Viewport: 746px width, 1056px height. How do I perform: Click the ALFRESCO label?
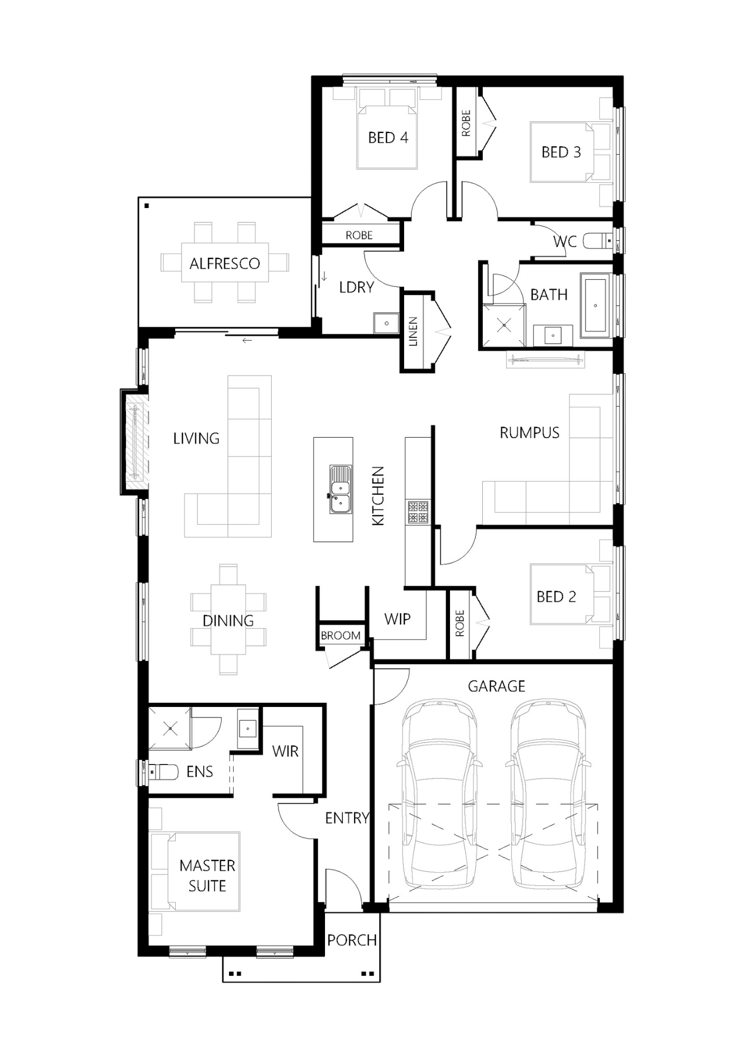(x=225, y=263)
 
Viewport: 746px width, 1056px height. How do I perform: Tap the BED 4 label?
(x=388, y=138)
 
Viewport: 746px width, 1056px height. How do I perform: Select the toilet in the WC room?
(x=597, y=241)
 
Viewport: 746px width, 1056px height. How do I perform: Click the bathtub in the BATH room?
(x=596, y=305)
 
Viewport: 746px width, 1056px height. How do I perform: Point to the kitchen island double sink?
(x=340, y=489)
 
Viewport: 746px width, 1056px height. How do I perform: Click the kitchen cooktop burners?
(x=417, y=511)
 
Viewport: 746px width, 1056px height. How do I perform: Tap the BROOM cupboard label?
(x=341, y=636)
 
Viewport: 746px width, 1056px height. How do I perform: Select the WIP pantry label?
(x=397, y=619)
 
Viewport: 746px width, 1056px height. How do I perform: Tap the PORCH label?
(x=352, y=940)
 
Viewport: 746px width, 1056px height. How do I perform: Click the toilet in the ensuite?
(x=164, y=771)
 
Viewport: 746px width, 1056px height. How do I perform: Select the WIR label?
(x=285, y=751)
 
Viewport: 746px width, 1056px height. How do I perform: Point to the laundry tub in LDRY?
(x=387, y=323)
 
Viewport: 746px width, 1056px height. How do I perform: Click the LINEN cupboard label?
(x=413, y=332)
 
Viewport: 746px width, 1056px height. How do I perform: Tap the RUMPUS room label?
(x=529, y=433)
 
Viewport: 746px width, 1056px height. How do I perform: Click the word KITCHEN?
(x=378, y=496)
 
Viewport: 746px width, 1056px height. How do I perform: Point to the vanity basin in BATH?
(x=552, y=335)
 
